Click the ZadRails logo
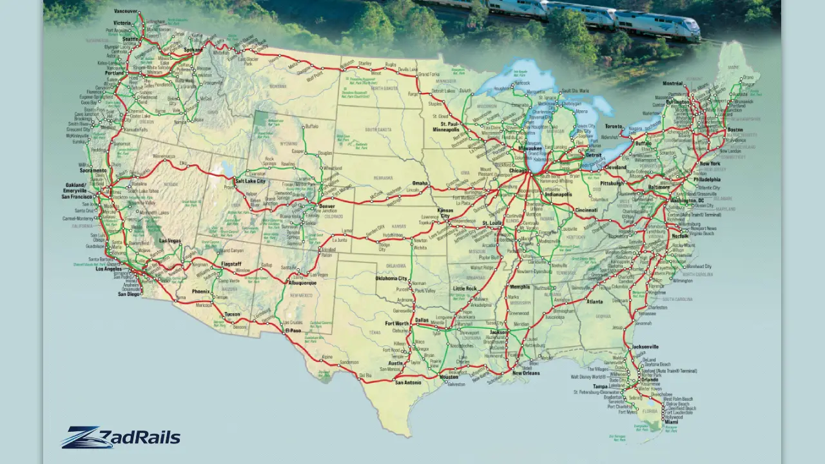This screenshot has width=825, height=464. (x=121, y=438)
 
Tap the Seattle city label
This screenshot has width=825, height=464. (x=130, y=39)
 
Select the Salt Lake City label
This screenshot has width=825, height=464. (x=250, y=181)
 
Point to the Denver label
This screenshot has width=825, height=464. (x=327, y=206)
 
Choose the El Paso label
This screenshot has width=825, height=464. (x=293, y=331)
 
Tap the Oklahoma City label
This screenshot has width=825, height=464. (x=392, y=278)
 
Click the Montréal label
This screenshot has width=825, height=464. (x=672, y=84)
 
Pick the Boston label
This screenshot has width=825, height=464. (x=735, y=130)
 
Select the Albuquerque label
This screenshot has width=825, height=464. (x=302, y=283)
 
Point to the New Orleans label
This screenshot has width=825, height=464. (x=526, y=373)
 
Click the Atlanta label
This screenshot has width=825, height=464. (x=595, y=302)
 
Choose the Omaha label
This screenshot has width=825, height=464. (x=420, y=182)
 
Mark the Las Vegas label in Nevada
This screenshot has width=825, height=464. (x=170, y=241)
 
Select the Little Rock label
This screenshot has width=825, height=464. (x=465, y=288)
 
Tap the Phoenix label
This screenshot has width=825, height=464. (x=201, y=291)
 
